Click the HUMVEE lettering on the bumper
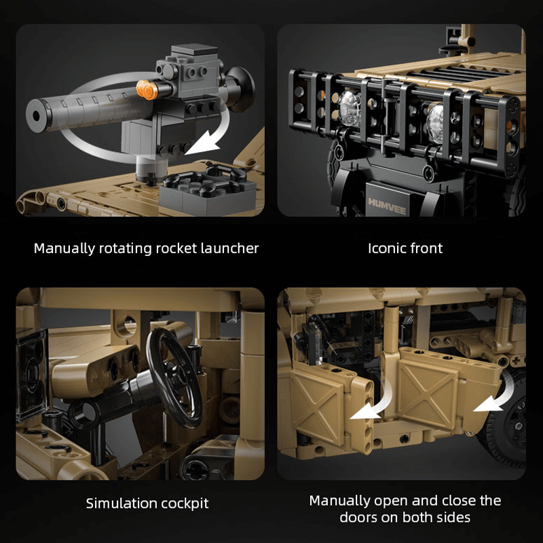(x=386, y=202)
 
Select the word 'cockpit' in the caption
(x=178, y=504)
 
